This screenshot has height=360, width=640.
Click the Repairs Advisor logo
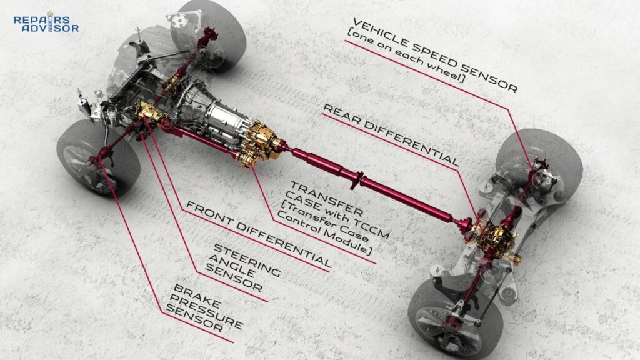coord(46,23)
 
